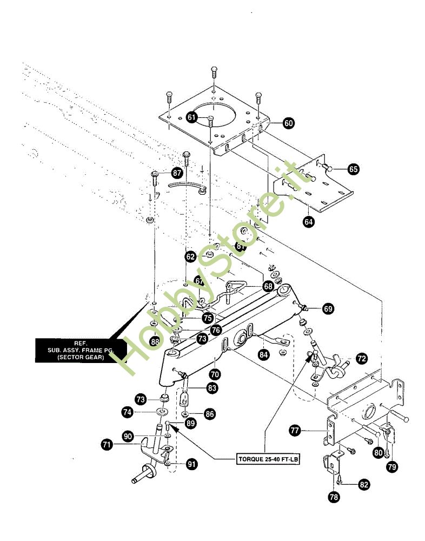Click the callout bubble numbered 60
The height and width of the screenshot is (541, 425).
point(288,123)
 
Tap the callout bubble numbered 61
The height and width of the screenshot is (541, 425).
point(192,116)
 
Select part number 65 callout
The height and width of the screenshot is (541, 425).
point(353,169)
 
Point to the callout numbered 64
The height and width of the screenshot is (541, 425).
point(309,221)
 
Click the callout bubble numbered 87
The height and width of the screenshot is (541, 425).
point(176,173)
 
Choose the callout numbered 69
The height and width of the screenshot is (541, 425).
point(328,309)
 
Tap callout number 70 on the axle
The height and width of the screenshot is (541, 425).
point(215,373)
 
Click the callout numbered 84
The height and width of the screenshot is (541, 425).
point(264,355)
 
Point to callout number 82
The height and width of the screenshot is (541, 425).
point(364,485)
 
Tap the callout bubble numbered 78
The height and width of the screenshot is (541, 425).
point(334,497)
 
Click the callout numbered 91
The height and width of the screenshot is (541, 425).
point(191,464)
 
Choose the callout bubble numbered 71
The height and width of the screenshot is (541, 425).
point(107,445)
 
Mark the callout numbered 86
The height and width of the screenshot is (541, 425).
point(209,414)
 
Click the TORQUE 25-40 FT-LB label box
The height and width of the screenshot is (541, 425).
point(269,459)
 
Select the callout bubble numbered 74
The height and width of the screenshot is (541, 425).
point(127,412)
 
